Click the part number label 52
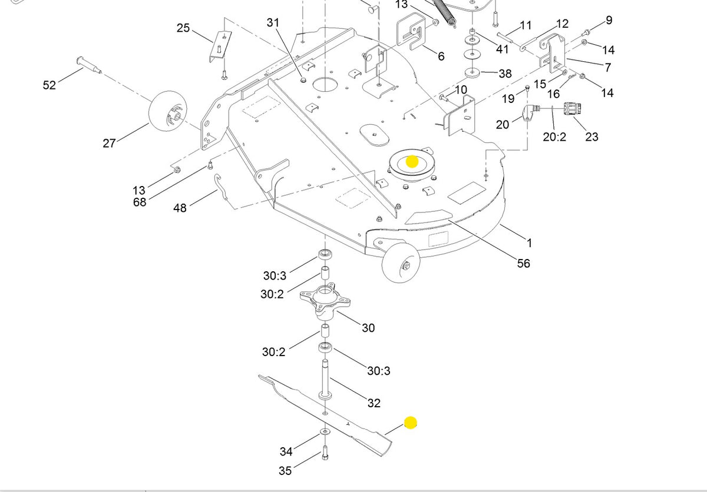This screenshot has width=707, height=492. [x=49, y=85]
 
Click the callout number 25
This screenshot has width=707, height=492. [x=183, y=28]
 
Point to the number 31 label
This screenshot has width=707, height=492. [x=273, y=22]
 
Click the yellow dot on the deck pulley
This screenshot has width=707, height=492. [x=412, y=161]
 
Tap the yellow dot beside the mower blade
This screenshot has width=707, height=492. [x=411, y=423]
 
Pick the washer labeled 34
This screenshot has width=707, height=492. [x=325, y=432]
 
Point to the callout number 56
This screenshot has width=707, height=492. [x=523, y=263]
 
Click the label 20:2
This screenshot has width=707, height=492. [x=554, y=137]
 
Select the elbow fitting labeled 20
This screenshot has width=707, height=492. [x=528, y=112]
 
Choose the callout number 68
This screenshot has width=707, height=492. [x=140, y=202]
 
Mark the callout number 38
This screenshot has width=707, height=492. [x=505, y=74]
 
